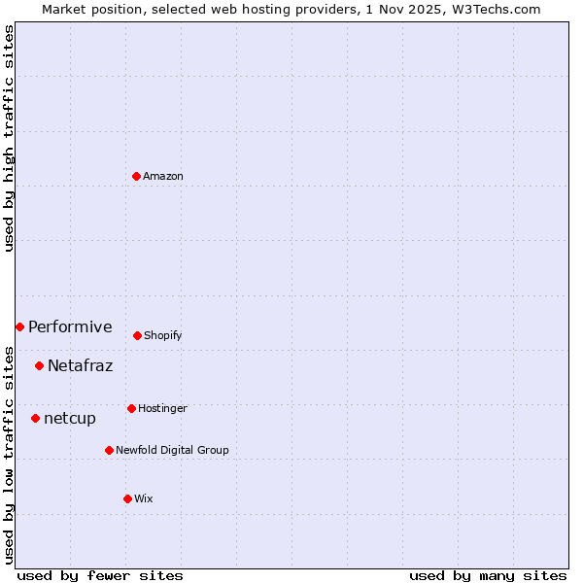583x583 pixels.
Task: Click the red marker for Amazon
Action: point(137,176)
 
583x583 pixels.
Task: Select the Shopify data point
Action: point(137,335)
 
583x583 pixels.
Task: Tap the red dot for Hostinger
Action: point(131,408)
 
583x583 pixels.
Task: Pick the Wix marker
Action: point(127,498)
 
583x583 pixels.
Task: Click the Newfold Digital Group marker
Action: point(109,450)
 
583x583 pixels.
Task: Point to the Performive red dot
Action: point(19,326)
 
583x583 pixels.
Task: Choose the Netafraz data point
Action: point(39,365)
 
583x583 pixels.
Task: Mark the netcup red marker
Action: point(35,418)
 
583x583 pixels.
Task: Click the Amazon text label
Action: point(163,176)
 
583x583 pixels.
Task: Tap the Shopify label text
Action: point(163,335)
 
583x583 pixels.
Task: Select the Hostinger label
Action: point(162,408)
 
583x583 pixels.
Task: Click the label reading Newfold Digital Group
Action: point(172,450)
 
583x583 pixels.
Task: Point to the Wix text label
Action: point(144,498)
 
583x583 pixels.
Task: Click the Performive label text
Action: point(70,326)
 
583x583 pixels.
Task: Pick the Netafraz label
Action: point(80,365)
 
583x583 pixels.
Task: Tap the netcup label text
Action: point(70,418)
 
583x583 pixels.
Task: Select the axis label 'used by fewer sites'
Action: point(100,575)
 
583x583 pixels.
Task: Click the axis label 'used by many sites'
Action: point(488,575)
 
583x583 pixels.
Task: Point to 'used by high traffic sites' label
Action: point(9,138)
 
